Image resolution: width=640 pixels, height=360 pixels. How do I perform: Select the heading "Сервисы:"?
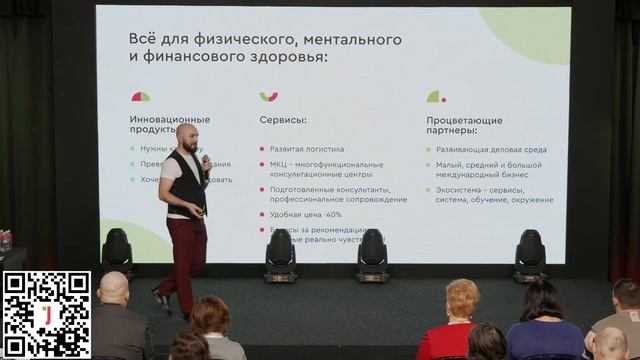(283, 119)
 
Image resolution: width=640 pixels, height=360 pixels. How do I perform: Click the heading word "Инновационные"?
(169, 119)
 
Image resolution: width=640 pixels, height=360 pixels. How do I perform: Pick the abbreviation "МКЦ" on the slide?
(280, 164)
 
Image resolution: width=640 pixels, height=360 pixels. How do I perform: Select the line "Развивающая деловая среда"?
(491, 150)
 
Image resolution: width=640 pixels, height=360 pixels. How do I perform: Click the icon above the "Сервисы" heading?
(268, 96)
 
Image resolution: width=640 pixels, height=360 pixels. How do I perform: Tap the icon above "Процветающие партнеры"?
(435, 96)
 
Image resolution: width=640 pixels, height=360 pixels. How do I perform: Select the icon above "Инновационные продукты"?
(140, 97)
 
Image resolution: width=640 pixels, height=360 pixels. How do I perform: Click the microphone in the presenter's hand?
(205, 161)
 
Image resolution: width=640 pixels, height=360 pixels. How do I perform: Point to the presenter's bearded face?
(188, 141)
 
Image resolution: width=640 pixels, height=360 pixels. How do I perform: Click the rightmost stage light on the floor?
(529, 254)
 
